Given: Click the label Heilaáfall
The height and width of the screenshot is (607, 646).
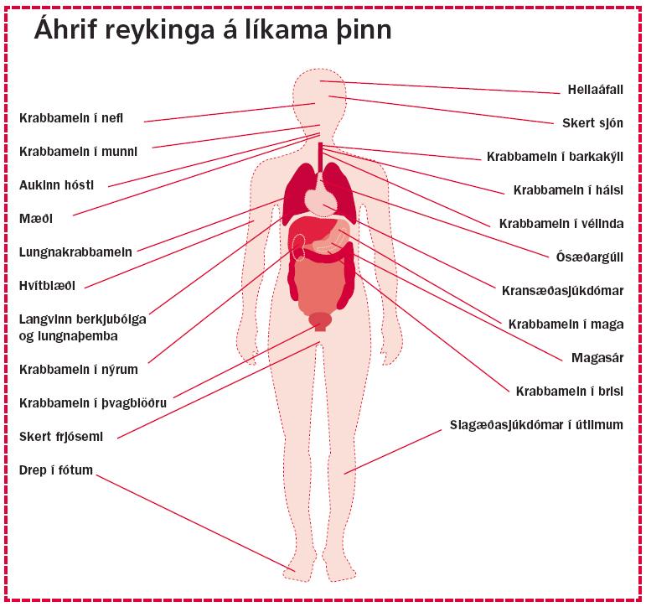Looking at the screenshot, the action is point(595,90).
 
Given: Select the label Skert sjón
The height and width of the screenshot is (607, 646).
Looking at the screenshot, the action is point(592,123).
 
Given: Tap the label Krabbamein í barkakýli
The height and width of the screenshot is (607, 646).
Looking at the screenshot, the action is point(555,157).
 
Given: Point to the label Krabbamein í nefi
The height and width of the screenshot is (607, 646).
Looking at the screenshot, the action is point(71,118).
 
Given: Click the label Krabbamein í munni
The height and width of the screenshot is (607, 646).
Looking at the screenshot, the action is point(78,152).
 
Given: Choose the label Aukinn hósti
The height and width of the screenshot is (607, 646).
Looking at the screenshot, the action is point(56,184).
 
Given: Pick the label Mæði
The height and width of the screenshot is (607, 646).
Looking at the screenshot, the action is point(36,218).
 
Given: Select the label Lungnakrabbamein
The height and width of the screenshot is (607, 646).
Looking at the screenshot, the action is point(75,252).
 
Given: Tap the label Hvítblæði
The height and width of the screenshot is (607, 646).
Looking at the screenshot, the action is point(47,285).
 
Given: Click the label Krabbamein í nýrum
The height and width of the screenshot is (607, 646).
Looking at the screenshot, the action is point(78,370).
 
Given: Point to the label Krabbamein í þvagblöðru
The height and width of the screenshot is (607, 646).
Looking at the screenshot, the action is point(93,403).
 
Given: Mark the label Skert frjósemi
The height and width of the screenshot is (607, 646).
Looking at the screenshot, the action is point(61,436).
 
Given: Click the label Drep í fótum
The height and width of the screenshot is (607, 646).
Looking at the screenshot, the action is point(55,470).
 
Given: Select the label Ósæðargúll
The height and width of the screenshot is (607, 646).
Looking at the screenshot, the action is point(589,257).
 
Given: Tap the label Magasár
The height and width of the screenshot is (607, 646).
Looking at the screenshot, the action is point(597,357).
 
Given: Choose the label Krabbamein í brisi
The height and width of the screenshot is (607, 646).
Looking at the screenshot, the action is point(570,391).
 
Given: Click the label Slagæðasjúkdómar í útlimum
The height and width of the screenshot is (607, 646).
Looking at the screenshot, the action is point(536,425).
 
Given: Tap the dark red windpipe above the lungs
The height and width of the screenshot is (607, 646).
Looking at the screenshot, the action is point(320,157).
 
